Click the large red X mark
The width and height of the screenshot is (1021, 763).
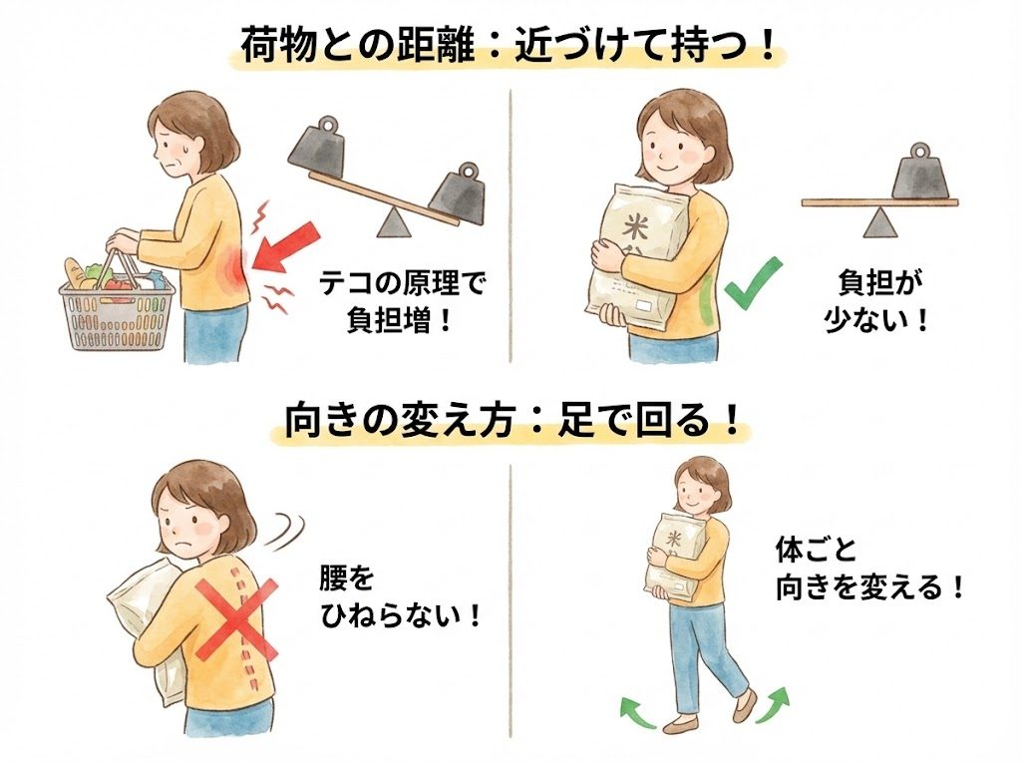coord(235,619)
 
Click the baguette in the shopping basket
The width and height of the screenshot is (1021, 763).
coord(78,273)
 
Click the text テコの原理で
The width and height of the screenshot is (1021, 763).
coord(403,284)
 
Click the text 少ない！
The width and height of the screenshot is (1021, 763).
coord(875,320)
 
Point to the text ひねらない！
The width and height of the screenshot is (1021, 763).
coord(401,614)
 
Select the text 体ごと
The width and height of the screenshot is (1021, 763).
coord(816,550)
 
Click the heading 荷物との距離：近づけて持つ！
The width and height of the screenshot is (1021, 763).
coord(509,45)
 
